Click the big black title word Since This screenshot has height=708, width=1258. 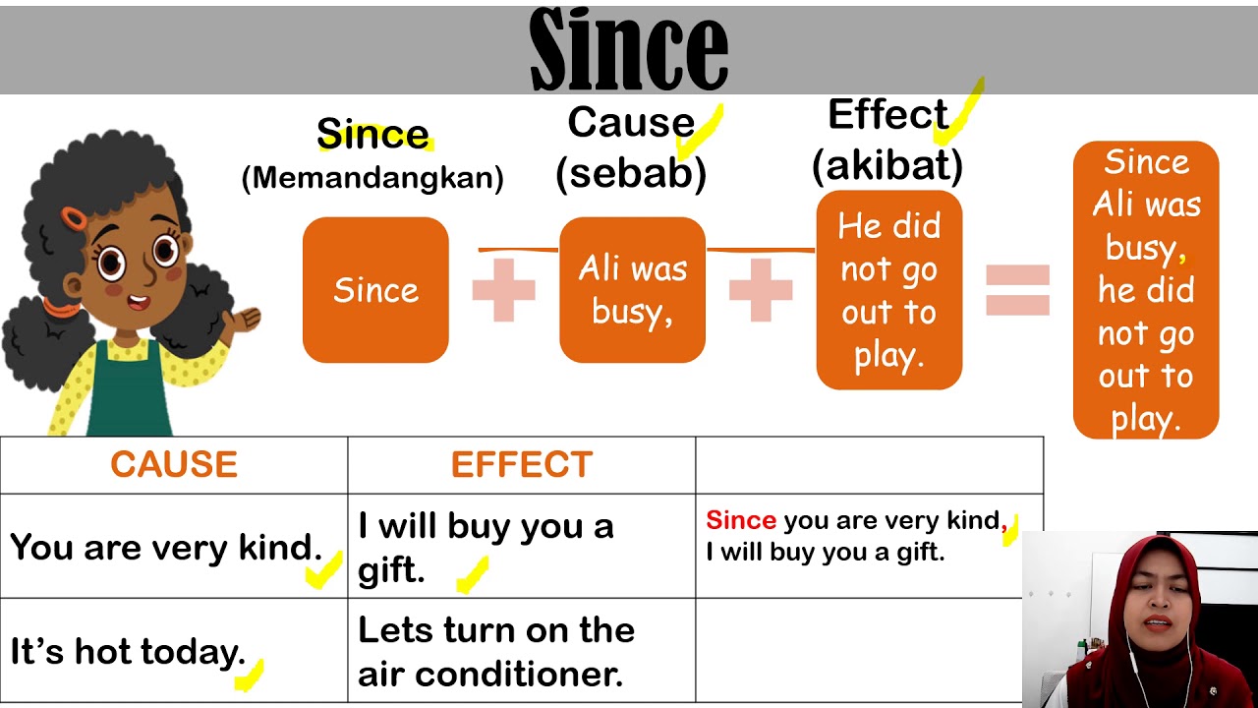pyautogui.click(x=629, y=49)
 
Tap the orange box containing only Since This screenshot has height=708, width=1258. pyautogui.click(x=375, y=290)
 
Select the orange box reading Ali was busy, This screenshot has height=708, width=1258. pyautogui.click(x=632, y=290)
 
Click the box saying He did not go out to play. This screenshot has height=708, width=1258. pyautogui.click(x=888, y=290)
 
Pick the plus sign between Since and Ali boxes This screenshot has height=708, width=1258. pyautogui.click(x=504, y=290)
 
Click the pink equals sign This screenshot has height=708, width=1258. pyautogui.click(x=1017, y=290)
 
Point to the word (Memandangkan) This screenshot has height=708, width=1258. pyautogui.click(x=372, y=178)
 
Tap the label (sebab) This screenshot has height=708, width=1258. pyautogui.click(x=631, y=173)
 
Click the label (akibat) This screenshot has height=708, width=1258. pyautogui.click(x=887, y=166)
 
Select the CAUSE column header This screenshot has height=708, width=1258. pyautogui.click(x=174, y=464)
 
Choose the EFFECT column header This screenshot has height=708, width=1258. pyautogui.click(x=522, y=464)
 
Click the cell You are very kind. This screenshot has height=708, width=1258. pyautogui.click(x=167, y=547)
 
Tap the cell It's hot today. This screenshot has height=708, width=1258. pyautogui.click(x=128, y=651)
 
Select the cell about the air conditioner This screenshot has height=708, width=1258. pyautogui.click(x=496, y=651)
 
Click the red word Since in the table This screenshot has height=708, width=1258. pyautogui.click(x=741, y=520)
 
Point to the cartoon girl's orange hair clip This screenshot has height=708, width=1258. pyautogui.click(x=73, y=215)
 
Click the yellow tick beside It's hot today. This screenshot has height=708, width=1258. pyautogui.click(x=250, y=675)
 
